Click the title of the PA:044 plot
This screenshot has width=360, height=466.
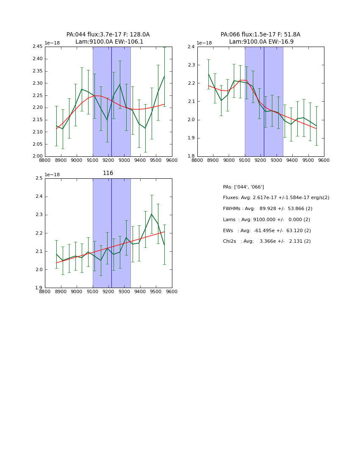(x=108, y=38)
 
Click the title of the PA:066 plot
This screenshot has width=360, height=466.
(x=260, y=38)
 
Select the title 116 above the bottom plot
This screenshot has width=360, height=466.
(x=108, y=173)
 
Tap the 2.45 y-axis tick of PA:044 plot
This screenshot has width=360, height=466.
(x=38, y=47)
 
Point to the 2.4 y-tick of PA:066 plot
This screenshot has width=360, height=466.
(x=191, y=47)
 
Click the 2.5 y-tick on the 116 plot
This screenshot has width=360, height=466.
(x=39, y=178)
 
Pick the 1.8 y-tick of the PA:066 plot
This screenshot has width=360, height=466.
(x=191, y=156)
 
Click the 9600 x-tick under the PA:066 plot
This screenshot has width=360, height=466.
(x=324, y=161)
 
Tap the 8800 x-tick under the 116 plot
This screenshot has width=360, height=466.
(x=45, y=292)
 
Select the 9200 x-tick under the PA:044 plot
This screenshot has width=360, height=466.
(x=108, y=161)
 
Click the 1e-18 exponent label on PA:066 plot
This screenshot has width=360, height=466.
(x=205, y=43)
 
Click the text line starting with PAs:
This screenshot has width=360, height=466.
(x=244, y=187)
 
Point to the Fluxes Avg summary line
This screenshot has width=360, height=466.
(x=276, y=198)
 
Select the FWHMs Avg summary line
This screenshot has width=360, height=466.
(x=267, y=209)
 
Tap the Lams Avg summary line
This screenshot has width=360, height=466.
(x=266, y=220)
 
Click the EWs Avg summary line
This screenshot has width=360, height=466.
(x=267, y=230)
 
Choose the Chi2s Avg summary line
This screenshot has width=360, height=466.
(x=267, y=241)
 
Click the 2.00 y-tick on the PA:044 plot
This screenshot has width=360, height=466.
(x=38, y=156)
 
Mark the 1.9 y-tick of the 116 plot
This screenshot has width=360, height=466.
(x=39, y=288)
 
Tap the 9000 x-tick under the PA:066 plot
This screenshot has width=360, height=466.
(x=229, y=161)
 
